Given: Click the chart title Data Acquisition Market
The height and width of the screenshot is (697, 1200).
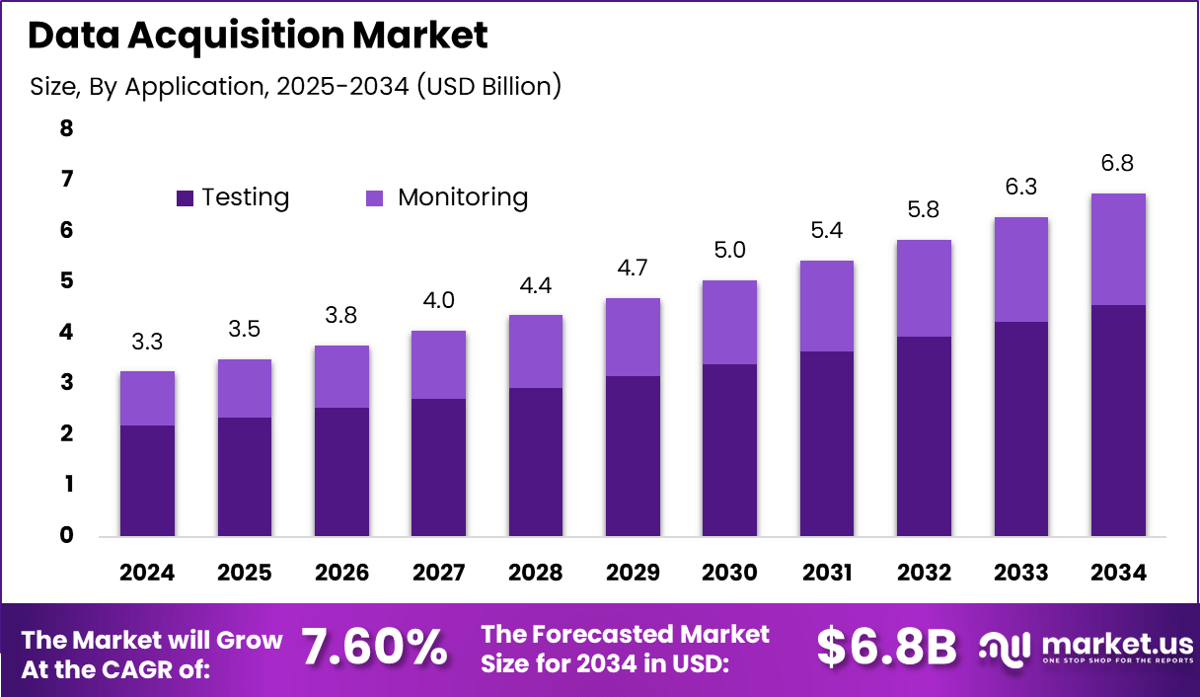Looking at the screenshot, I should click(x=258, y=37).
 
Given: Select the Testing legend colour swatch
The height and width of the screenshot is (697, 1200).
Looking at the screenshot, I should click(x=185, y=198).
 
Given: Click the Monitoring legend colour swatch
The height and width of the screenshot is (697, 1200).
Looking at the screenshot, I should click(x=375, y=198).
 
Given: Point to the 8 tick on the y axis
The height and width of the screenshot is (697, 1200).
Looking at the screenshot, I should click(x=67, y=128).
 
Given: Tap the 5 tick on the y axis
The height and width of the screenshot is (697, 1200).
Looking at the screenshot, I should click(x=67, y=281).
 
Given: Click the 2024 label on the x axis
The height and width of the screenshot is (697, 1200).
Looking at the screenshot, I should click(x=147, y=574).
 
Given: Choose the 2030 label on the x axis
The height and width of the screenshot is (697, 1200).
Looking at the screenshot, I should click(x=729, y=574).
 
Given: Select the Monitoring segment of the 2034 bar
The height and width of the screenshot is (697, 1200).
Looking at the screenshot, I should click(x=1118, y=249).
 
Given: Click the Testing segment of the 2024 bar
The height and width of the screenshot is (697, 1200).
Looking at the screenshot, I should click(x=147, y=480).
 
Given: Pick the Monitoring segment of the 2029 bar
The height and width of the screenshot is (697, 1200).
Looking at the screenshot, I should click(x=633, y=337).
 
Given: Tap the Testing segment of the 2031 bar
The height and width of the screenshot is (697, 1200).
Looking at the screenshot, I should click(x=826, y=443).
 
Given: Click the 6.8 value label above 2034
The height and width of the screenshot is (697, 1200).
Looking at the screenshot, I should click(x=1118, y=163).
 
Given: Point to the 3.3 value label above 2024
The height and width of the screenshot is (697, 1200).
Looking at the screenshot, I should click(x=147, y=343).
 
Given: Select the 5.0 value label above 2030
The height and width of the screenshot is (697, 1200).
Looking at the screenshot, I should click(x=729, y=251).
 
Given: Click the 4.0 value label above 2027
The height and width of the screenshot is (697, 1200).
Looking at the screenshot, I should click(x=438, y=301).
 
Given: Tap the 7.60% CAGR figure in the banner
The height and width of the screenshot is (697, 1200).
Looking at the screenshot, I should click(x=373, y=648).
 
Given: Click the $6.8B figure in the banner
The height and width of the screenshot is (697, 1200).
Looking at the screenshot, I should click(x=886, y=648).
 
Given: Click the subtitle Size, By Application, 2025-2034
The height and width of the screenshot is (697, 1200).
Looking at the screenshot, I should click(x=296, y=86).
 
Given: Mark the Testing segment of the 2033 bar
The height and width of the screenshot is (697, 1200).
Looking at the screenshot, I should click(x=1021, y=428).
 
